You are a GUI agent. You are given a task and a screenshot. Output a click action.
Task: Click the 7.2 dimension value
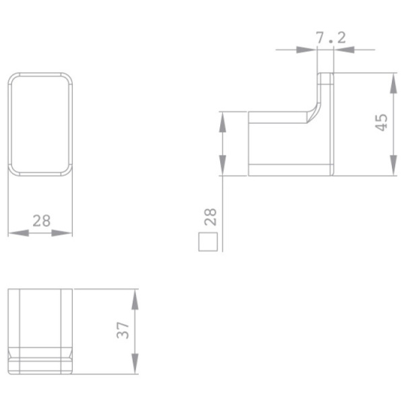pos(331,38)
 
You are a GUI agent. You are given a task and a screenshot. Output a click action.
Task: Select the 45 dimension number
pos(381,123)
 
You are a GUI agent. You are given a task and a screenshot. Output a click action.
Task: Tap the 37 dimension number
pos(123,331)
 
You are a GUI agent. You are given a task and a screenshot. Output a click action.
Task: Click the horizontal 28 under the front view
pos(42,221)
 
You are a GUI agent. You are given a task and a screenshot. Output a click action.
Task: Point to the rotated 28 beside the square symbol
pos(210,217)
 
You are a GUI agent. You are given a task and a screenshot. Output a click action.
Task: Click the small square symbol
pos(208,242)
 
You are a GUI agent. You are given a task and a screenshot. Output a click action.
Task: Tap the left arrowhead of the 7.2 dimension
pos(306,50)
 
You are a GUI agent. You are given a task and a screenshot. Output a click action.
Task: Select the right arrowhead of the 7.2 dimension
pos(344,50)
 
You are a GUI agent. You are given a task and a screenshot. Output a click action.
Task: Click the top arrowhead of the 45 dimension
pos(393,83)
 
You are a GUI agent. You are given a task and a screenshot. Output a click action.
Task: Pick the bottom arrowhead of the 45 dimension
pos(393,166)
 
